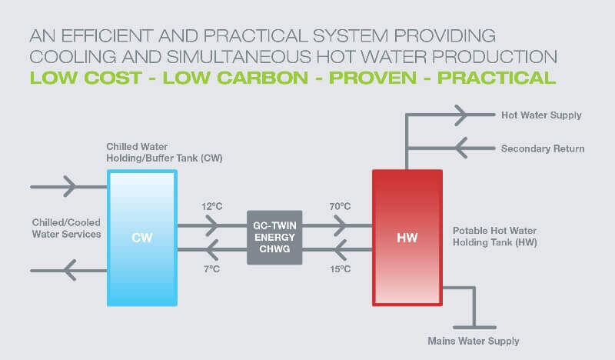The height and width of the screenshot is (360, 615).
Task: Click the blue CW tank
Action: pos(142,238)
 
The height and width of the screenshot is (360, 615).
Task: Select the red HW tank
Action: pos(407,238)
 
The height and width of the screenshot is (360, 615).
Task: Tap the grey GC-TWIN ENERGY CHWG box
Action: pos(274,238)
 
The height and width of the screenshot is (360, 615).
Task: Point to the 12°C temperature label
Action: pos(212,206)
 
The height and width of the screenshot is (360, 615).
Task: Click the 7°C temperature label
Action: pos(212,269)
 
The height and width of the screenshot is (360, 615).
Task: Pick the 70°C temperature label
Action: pos(340,206)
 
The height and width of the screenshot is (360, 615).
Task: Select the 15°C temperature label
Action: pos(340,269)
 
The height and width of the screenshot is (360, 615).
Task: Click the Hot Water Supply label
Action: pos(541,115)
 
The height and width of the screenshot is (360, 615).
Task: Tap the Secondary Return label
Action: pos(543,148)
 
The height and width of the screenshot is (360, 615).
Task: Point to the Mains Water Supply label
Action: pos(474,342)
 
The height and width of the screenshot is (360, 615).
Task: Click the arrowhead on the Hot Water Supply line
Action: pos(462,115)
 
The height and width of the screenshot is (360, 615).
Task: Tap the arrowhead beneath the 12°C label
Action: pos(212,225)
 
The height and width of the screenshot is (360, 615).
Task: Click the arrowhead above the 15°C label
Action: pos(341,250)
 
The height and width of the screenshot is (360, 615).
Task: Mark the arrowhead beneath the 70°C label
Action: pos(341,225)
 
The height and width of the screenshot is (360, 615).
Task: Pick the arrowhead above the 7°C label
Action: pos(212,250)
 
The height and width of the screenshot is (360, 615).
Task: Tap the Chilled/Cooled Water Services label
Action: pos(66,228)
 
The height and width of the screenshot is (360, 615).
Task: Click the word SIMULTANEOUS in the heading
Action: pos(239,57)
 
